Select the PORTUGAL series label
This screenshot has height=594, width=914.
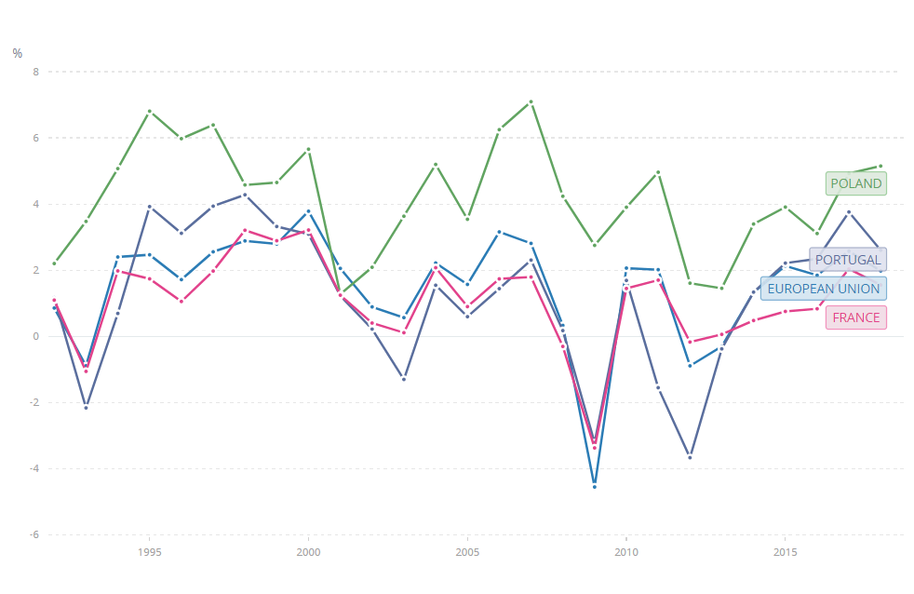point(848,260)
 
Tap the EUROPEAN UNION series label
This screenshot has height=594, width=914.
point(823,289)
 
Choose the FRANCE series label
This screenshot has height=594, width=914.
point(855,317)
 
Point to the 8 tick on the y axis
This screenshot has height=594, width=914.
point(37,72)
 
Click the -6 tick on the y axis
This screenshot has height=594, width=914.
point(35,534)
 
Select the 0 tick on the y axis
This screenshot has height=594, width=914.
point(37,336)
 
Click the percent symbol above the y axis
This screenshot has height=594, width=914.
point(18,53)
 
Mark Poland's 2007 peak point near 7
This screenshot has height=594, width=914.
point(531,101)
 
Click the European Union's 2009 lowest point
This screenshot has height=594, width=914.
point(594,486)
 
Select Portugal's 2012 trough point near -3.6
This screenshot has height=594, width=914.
point(690,457)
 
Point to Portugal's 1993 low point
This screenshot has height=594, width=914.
point(86,408)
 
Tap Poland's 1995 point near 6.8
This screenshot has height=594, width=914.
point(149,112)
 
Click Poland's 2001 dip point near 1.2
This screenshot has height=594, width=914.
point(340,295)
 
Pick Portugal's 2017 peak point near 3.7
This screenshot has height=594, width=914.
point(848,212)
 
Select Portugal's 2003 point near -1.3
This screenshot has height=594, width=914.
point(404,379)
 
